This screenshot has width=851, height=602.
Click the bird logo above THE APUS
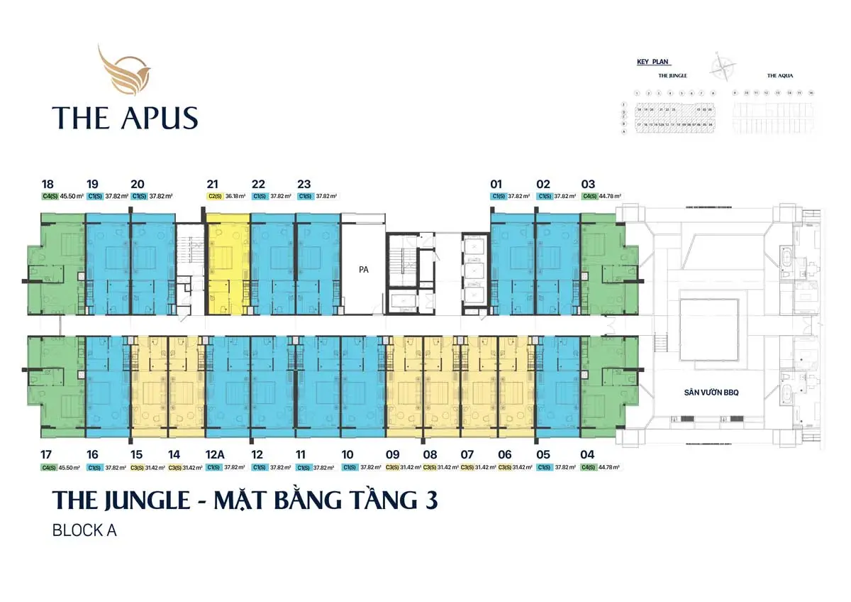(x=124, y=70)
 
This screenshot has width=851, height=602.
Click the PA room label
(x=363, y=269)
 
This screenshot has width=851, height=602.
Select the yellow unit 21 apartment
(x=228, y=263)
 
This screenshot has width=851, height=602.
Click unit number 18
(x=48, y=183)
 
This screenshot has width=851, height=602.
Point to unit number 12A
(x=216, y=455)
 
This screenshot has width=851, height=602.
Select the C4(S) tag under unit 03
(x=589, y=196)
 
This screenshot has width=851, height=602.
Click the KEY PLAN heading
(x=653, y=62)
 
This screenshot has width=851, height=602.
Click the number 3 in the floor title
(x=430, y=500)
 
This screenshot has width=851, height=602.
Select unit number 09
(x=392, y=455)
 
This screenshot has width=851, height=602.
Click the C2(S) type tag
(x=215, y=196)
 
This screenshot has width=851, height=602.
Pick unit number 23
(x=304, y=183)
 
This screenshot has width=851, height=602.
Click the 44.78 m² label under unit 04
(x=610, y=468)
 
